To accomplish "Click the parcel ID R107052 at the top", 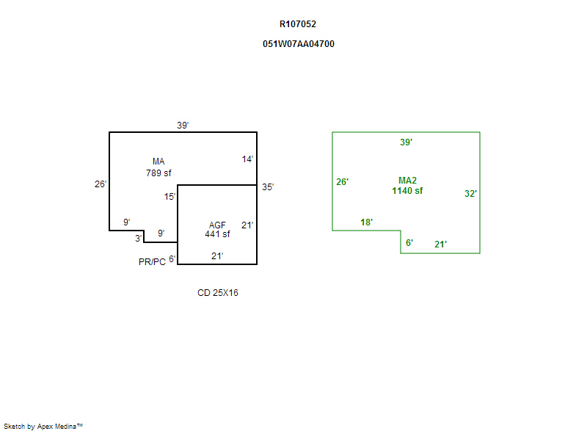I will click(298, 24).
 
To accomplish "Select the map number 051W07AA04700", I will click(299, 44).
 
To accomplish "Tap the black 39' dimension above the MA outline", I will click(183, 125).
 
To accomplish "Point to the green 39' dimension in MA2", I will click(406, 142).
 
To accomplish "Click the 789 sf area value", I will click(158, 173).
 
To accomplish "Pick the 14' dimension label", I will click(247, 159).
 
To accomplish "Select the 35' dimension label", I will click(268, 187).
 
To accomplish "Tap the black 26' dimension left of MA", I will click(101, 184).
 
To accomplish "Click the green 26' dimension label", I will click(342, 182).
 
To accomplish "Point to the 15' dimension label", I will click(170, 197).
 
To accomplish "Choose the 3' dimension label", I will click(138, 238).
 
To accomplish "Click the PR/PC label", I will click(152, 261).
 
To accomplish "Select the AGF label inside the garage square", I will click(217, 225).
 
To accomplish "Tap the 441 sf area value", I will click(217, 234).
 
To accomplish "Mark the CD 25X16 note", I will click(218, 293).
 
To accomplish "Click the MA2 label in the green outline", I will click(407, 181).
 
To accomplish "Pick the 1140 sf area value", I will click(407, 191).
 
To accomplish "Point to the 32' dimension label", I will click(470, 194).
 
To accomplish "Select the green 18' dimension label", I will click(366, 222).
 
